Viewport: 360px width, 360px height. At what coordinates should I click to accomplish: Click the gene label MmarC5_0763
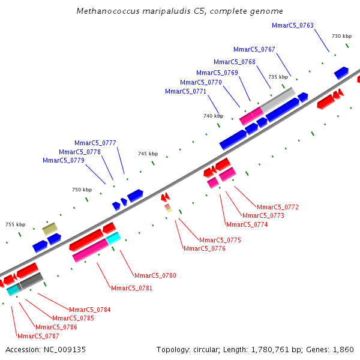pos(293,25)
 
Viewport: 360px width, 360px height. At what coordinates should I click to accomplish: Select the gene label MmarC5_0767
pos(254,49)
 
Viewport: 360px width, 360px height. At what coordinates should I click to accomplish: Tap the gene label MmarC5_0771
pos(185,91)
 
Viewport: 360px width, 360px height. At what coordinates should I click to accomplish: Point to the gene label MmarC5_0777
pos(95,143)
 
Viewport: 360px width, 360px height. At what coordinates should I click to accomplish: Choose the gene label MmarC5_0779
pos(64,160)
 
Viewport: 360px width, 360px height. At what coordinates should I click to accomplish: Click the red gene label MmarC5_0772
pos(278,207)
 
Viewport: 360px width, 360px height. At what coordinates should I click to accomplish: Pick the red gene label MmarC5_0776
pos(205,248)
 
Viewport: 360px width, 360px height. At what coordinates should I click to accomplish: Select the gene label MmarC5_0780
pos(155,275)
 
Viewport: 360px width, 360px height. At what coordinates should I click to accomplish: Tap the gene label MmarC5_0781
pos(131,288)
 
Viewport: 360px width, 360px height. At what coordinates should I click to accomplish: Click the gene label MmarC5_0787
pos(38,336)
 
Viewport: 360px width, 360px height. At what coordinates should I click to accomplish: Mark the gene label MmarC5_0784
pos(90,310)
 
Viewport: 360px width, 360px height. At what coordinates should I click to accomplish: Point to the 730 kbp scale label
pos(341,36)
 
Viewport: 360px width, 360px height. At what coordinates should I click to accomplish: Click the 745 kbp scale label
pos(148,154)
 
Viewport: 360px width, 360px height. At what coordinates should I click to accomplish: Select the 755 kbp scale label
pos(16,224)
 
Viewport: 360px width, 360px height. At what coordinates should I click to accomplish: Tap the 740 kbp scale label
pos(213,116)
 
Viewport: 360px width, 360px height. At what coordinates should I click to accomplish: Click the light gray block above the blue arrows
pos(278,100)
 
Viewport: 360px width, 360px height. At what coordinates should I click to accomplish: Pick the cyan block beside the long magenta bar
pos(113,238)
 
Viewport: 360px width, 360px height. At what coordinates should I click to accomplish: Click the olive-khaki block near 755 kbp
pos(50,229)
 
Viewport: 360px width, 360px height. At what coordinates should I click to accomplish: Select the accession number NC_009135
pos(65,350)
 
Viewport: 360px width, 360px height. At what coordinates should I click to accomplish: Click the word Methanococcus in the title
pos(108,11)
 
